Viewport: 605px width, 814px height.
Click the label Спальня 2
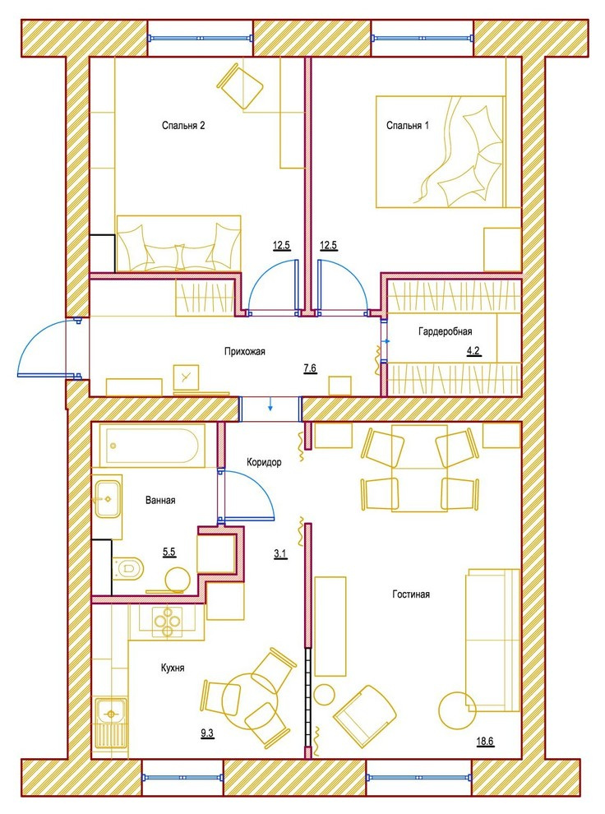coord(183,126)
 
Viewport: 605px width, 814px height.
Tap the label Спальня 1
coord(408,126)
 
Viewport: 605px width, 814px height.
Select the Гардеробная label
coord(446,331)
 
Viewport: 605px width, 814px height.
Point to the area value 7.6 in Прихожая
coord(310,368)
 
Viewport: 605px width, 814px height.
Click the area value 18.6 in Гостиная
coord(485,742)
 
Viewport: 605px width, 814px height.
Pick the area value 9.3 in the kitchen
coord(207,733)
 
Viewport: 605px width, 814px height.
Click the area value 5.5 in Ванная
coord(169,552)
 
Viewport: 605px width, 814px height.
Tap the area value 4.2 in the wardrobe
coord(473,351)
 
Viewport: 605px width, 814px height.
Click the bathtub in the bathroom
coord(150,446)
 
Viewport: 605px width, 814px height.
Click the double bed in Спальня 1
coord(440,151)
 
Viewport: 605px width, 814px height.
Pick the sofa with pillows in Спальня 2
coord(178,243)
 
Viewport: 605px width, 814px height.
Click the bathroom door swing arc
coord(257,484)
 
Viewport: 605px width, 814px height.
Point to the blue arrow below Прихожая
coord(270,404)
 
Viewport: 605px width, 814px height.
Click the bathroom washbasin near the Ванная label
coord(108,499)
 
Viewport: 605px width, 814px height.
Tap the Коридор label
coord(264,462)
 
